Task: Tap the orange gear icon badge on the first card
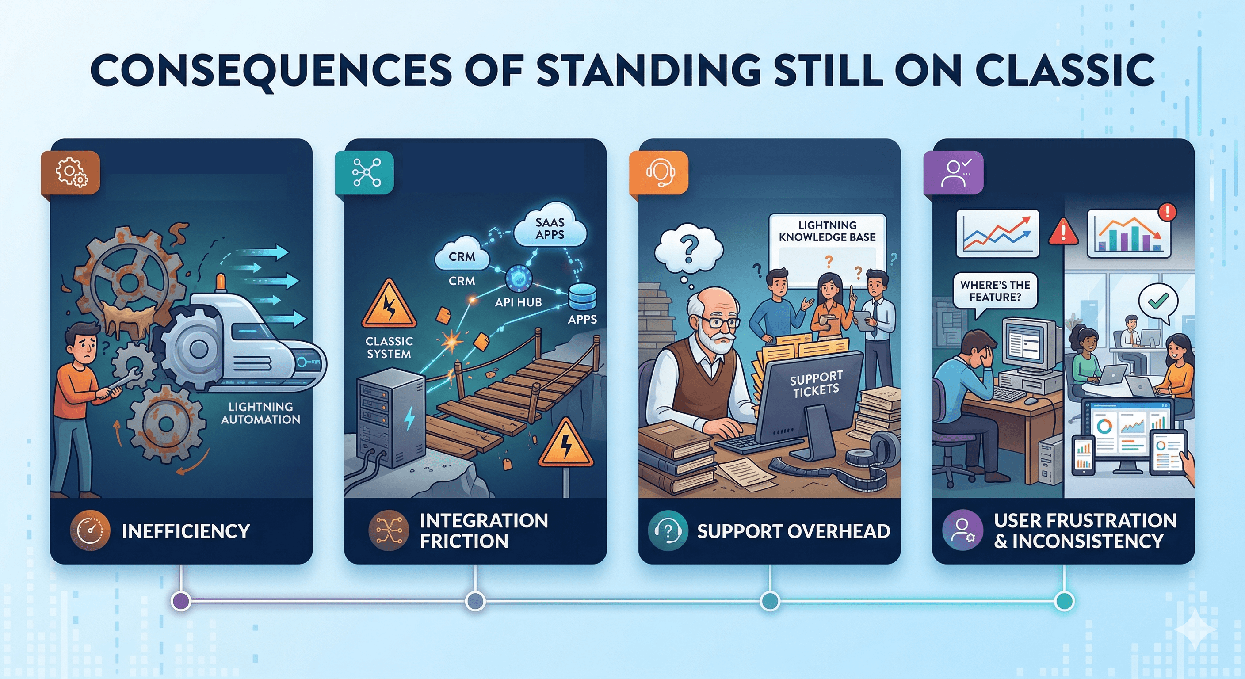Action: tap(71, 172)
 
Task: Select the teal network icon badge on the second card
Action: tap(365, 172)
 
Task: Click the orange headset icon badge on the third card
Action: tap(660, 172)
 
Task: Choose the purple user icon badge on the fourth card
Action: tap(954, 172)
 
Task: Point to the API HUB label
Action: tap(518, 302)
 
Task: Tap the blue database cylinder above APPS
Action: tap(582, 296)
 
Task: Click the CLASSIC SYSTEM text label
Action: tap(389, 347)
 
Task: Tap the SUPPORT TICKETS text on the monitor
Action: tap(816, 384)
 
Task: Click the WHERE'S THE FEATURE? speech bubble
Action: tap(995, 291)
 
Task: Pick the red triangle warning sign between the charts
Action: tap(1063, 233)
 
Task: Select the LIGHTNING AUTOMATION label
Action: tap(260, 413)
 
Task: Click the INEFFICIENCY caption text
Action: tap(186, 531)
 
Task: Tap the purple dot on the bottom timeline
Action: tap(181, 601)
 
